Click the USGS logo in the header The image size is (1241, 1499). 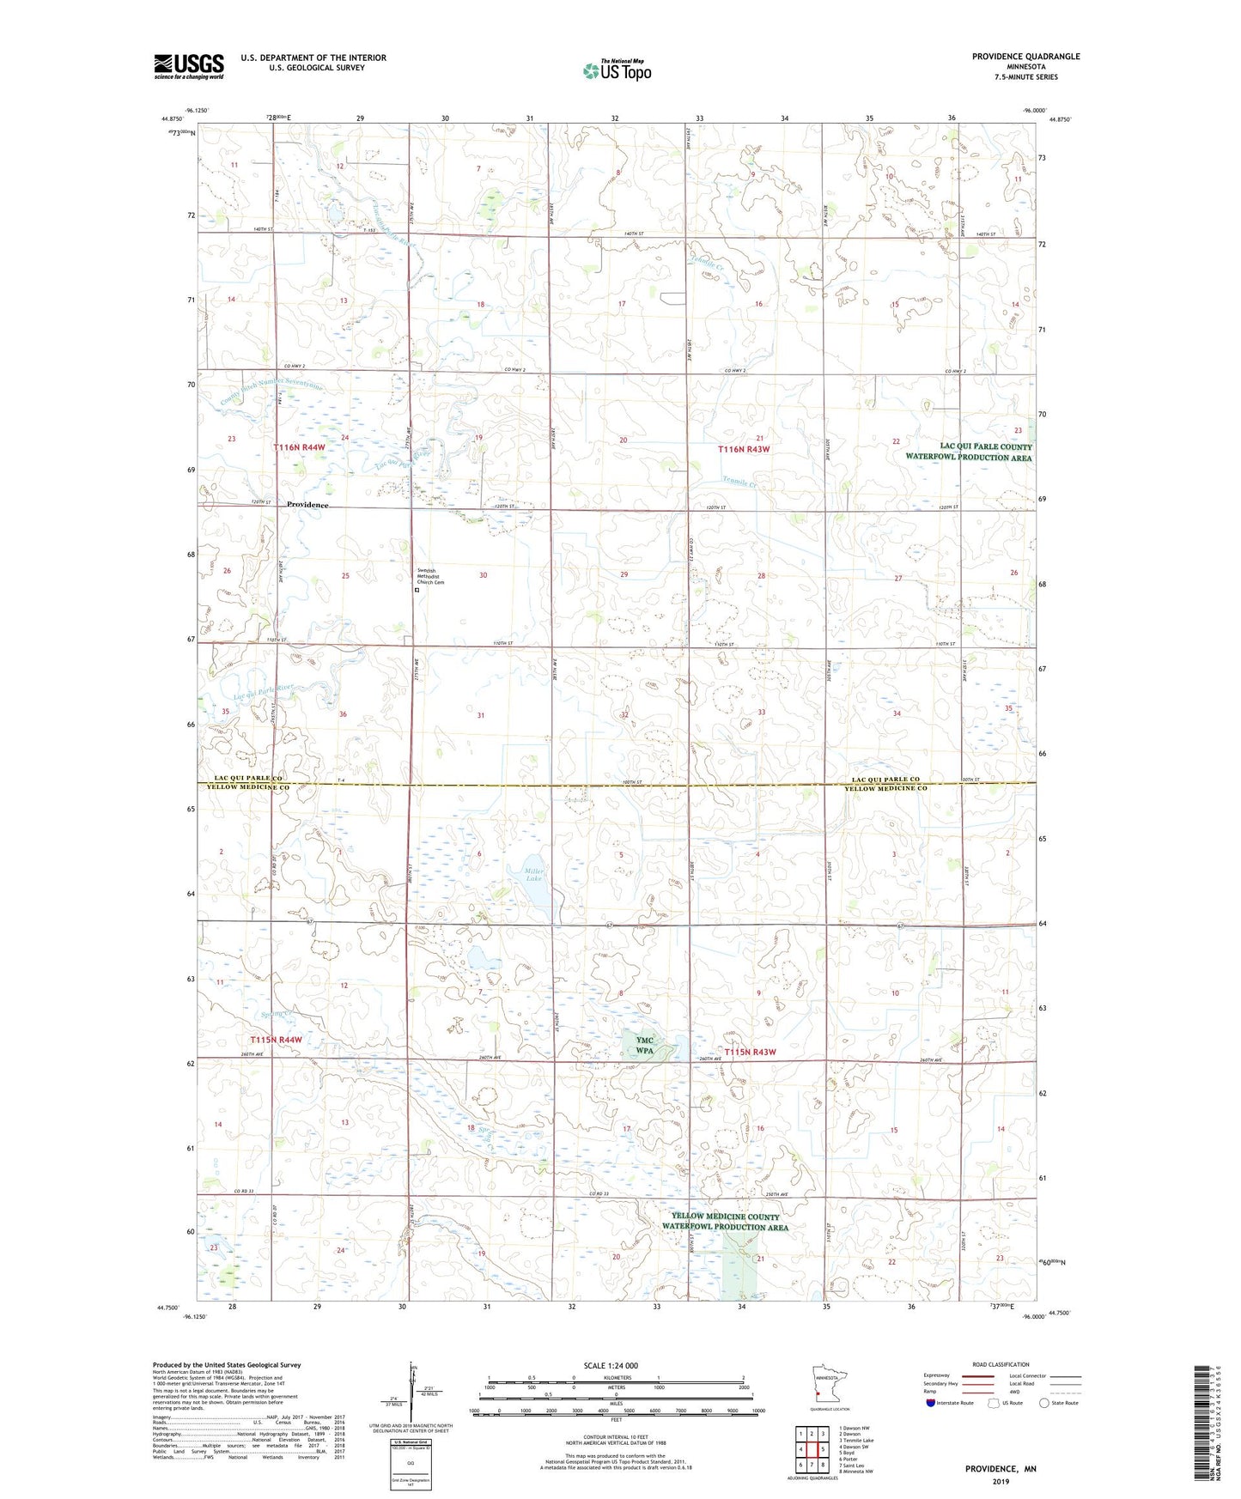pos(189,66)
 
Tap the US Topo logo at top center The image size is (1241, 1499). pos(617,70)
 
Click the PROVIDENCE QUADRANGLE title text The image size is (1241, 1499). pos(1025,57)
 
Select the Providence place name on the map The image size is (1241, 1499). pos(307,505)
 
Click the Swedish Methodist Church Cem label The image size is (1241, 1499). pos(430,576)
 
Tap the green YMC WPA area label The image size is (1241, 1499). pos(645,1045)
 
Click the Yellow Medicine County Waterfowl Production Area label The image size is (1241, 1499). pos(726,1222)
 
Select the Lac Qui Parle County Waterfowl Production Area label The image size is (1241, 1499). pos(969,452)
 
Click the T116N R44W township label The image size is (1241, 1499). pos(300,447)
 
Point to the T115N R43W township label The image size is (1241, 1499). pos(750,1052)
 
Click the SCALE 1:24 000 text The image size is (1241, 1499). pos(611,1365)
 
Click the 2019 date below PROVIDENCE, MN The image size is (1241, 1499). pos(1001,1481)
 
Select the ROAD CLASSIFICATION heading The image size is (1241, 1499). pos(1001,1364)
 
